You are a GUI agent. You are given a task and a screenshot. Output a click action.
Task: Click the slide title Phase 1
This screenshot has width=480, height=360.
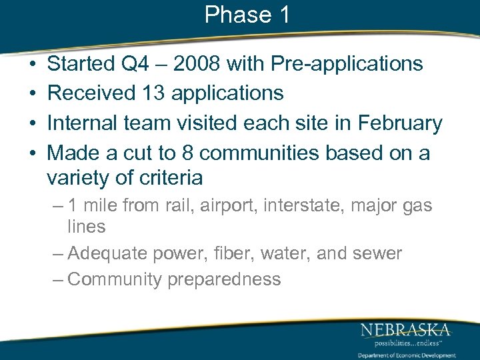(247, 15)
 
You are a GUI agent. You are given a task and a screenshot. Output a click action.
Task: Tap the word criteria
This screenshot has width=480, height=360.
(169, 178)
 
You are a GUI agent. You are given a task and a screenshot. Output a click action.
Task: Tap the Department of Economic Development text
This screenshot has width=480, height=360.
(407, 355)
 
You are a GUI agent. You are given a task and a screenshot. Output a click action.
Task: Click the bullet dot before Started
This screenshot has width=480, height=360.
(33, 65)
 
